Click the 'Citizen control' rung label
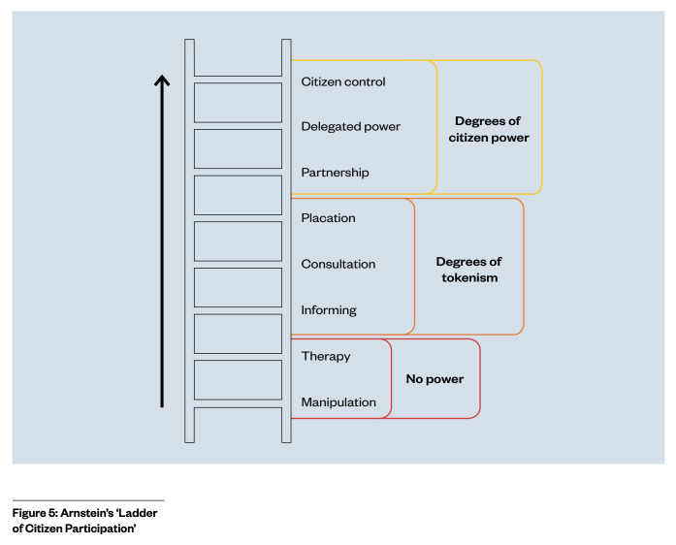343,81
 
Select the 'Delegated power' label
350,127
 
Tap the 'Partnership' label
335,173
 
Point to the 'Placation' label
328,218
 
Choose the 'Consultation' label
338,264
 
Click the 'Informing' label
329,310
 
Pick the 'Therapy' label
326,357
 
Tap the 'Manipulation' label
338,402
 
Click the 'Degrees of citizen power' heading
489,129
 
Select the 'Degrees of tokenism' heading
469,270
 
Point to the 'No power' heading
435,379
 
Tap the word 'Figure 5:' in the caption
35,513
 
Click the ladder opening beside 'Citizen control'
238,103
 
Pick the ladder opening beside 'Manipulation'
238,380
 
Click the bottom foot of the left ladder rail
190,439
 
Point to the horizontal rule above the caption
88,500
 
